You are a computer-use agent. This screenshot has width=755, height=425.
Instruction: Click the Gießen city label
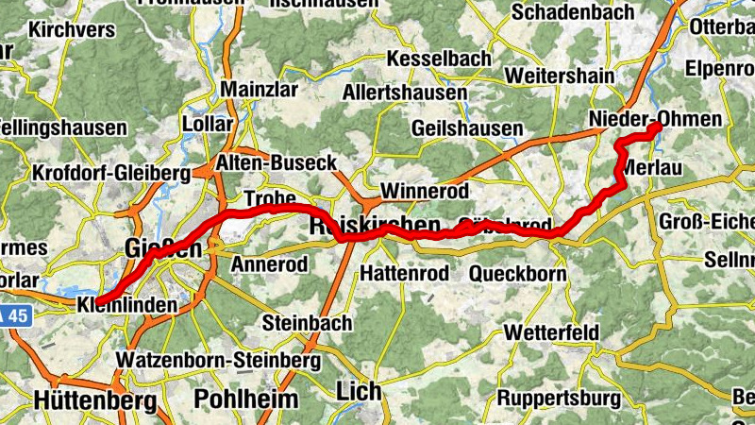click(163, 249)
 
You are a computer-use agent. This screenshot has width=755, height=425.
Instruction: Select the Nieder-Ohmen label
click(654, 119)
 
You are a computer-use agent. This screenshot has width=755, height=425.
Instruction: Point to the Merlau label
click(651, 167)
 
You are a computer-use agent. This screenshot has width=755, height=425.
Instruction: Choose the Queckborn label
click(518, 275)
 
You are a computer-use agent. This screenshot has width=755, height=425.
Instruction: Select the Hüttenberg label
click(94, 400)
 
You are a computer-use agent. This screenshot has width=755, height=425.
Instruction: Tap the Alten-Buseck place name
click(276, 163)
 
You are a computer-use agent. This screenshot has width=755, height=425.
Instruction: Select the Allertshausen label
click(404, 93)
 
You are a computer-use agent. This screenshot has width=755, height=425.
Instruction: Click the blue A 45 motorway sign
click(13, 318)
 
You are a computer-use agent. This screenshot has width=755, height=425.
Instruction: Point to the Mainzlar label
click(259, 90)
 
